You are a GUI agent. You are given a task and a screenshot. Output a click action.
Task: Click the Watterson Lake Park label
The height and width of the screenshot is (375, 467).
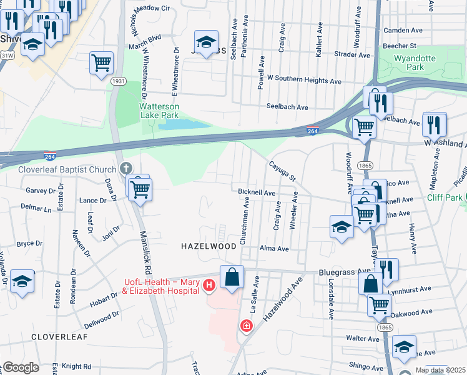pyautogui.click(x=159, y=110)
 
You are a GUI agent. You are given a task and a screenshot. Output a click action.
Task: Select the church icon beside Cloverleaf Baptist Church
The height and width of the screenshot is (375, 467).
pyautogui.click(x=125, y=169)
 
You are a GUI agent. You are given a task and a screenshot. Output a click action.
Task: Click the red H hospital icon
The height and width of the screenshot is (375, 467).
pyautogui.click(x=209, y=286)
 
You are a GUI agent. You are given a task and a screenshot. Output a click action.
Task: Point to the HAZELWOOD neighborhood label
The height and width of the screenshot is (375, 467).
pyautogui.click(x=209, y=247)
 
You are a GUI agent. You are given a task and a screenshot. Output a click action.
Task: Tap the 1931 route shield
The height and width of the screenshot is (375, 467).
pyautogui.click(x=119, y=81)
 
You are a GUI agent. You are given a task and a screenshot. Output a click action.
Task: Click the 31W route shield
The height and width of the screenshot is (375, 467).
pyautogui.click(x=7, y=55)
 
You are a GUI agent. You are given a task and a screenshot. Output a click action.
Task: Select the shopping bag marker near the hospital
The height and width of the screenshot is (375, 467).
pyautogui.click(x=232, y=277)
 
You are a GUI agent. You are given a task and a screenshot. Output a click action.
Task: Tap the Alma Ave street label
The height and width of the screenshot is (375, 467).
pyautogui.click(x=274, y=248)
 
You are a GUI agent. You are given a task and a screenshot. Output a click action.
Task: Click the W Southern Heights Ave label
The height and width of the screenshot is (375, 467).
pyautogui.click(x=303, y=81)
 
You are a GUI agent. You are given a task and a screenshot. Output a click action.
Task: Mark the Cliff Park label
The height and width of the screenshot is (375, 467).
pyautogui.click(x=445, y=197)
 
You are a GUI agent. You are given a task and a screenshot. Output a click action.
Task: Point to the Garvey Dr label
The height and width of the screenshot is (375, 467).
pyautogui.click(x=38, y=190)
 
